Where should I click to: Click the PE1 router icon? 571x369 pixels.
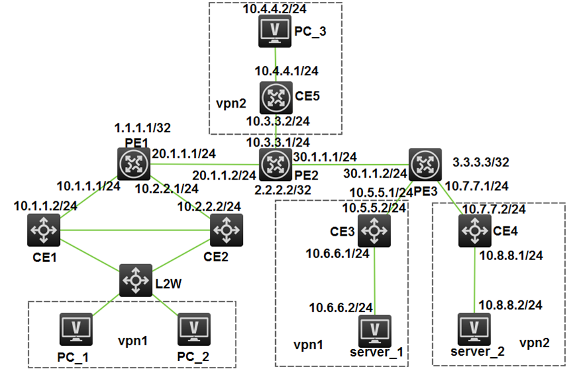pyautogui.click(x=134, y=164)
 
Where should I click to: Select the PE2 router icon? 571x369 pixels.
pyautogui.click(x=273, y=164)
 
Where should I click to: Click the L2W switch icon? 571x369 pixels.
pyautogui.click(x=136, y=279)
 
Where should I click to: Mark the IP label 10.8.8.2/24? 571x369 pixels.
pyautogui.click(x=512, y=304)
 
